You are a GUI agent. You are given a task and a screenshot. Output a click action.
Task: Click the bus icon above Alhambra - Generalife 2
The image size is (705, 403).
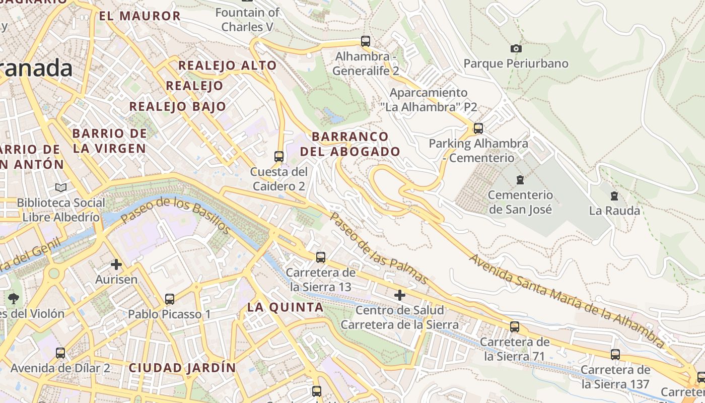click(366, 41)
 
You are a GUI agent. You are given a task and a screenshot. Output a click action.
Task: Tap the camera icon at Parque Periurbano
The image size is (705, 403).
click(516, 49)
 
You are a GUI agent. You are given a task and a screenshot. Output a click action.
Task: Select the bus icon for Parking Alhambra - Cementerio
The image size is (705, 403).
click(478, 128)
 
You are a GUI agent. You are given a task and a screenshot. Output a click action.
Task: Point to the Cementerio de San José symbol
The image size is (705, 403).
click(520, 179)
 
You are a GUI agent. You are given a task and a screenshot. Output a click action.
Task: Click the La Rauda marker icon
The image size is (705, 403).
click(614, 195)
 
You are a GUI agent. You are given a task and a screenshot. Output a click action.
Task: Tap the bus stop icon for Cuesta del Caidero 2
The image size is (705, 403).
click(279, 157)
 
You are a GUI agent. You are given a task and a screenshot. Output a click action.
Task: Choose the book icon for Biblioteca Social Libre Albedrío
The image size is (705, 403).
click(61, 187)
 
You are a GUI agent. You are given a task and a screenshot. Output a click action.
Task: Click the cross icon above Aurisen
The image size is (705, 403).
click(116, 264)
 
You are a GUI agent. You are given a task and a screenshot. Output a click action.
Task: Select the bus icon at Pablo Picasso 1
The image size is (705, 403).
click(170, 299)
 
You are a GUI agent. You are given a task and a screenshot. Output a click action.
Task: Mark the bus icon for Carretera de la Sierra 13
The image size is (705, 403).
click(320, 257)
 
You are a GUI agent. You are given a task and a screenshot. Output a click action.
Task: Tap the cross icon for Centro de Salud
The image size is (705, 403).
click(400, 295)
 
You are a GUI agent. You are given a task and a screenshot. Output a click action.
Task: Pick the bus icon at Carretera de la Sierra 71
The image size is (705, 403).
click(514, 327)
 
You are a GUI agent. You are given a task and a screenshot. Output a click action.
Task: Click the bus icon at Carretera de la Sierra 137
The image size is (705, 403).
click(615, 355)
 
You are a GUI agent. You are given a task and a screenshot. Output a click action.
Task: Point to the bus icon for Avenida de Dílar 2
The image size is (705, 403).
click(60, 353)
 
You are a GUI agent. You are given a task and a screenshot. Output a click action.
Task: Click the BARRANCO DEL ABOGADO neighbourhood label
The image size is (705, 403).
click(350, 144)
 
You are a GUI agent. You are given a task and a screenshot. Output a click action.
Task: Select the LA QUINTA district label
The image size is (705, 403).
click(285, 307)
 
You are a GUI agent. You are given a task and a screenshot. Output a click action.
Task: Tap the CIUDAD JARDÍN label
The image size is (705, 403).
click(182, 368)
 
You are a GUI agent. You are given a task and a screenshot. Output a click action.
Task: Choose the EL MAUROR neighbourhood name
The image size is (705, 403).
click(139, 16)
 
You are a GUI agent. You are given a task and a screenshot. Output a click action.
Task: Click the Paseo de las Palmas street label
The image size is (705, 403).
click(379, 248)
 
